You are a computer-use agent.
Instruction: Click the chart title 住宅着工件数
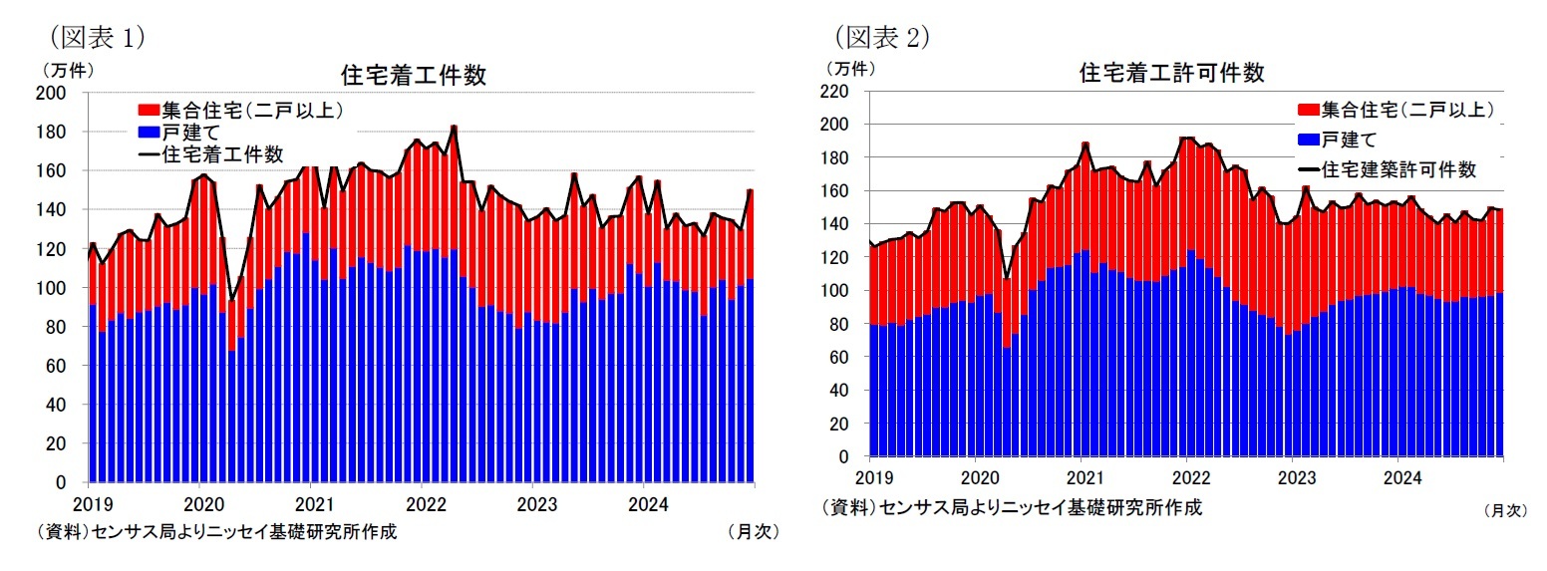(x=413, y=76)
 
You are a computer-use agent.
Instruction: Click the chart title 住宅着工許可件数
(x=1172, y=73)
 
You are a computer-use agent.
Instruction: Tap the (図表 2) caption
(x=881, y=37)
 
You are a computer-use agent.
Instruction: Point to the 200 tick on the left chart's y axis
(x=53, y=93)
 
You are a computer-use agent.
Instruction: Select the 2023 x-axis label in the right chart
(x=1293, y=476)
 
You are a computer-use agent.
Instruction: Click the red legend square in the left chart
(x=148, y=109)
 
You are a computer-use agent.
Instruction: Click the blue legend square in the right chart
(x=1305, y=139)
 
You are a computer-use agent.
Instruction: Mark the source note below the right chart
(x=1012, y=507)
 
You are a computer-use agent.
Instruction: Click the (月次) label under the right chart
(x=1504, y=510)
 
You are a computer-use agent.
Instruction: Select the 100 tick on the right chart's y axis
(x=835, y=291)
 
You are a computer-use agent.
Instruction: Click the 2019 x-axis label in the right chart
(x=870, y=476)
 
